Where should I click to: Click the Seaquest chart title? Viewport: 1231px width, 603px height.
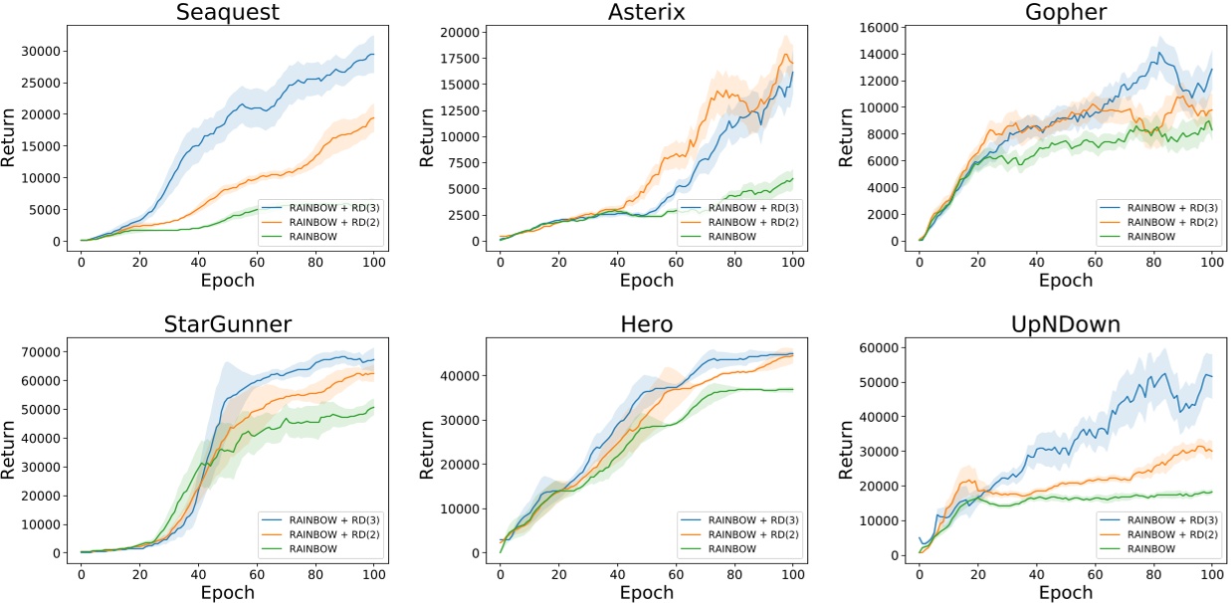pyautogui.click(x=227, y=13)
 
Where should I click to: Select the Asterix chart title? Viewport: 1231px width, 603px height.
pyautogui.click(x=646, y=13)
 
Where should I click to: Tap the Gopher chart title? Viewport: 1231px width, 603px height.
pyautogui.click(x=1066, y=13)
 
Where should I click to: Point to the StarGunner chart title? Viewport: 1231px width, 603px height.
pyautogui.click(x=227, y=324)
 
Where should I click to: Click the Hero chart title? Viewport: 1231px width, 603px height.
pyautogui.click(x=646, y=324)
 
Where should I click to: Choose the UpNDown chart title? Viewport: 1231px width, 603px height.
pyautogui.click(x=1066, y=324)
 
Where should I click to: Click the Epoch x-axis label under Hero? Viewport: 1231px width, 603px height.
pyautogui.click(x=646, y=592)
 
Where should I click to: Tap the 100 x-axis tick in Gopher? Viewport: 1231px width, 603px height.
pyautogui.click(x=1211, y=261)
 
